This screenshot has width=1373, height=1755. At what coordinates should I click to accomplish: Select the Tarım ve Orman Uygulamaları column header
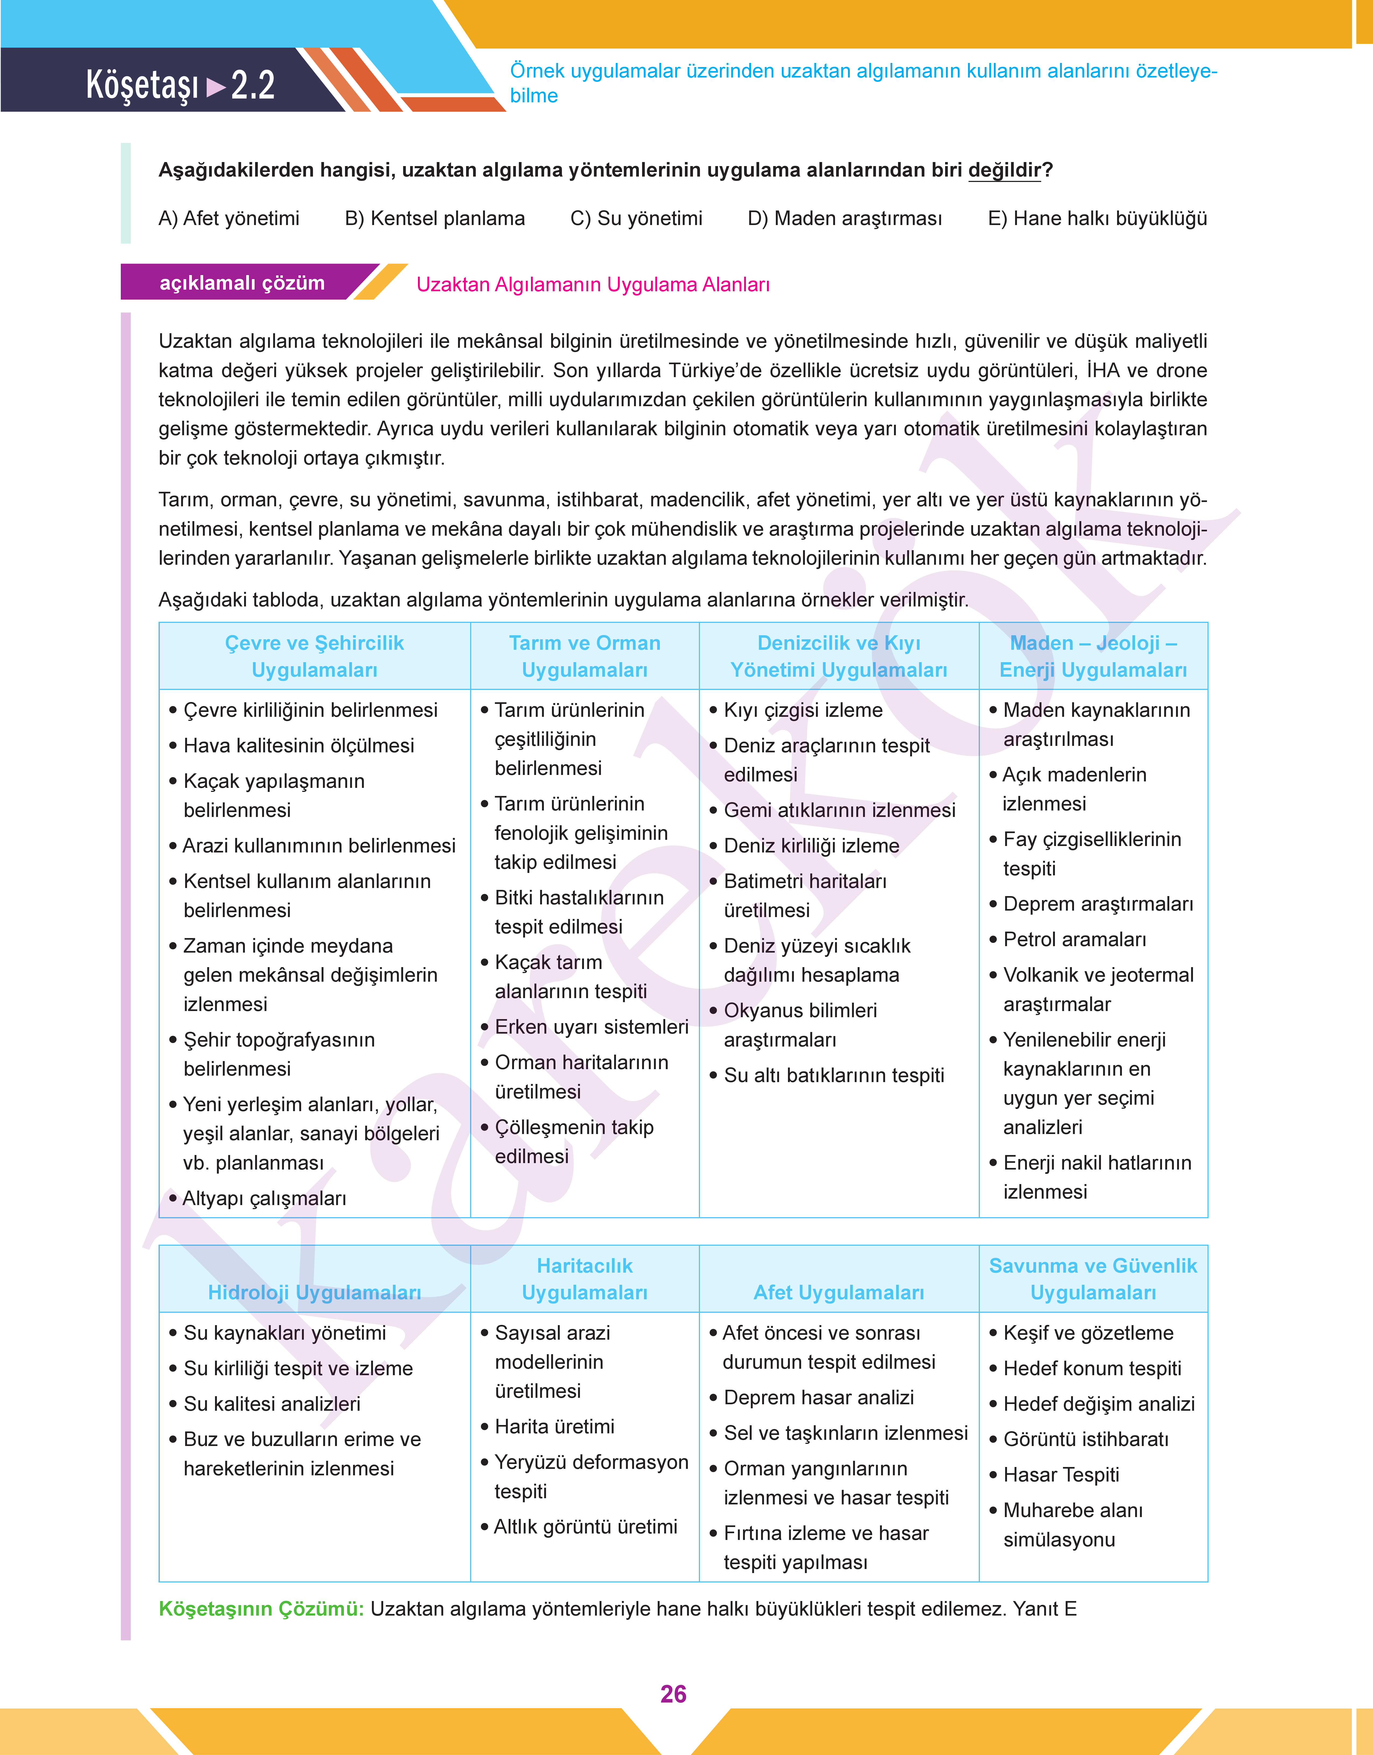[585, 656]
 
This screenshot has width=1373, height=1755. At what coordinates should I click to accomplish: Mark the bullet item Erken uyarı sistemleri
[591, 1027]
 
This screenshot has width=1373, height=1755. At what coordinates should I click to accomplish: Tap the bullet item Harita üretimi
[554, 1426]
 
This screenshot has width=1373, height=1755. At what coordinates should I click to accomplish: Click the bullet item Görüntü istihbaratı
[1085, 1439]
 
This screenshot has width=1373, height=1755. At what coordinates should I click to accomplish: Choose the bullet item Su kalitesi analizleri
[272, 1404]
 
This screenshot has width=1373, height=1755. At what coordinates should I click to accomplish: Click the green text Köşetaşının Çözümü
[261, 1609]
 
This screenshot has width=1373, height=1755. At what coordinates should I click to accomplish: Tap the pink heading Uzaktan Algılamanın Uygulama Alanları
[593, 285]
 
